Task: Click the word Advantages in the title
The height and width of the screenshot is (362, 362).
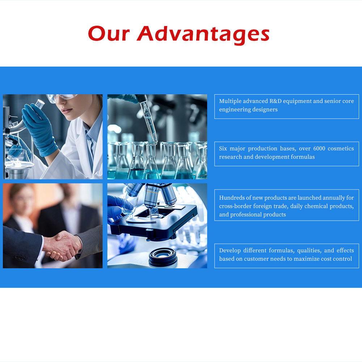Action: coord(203,34)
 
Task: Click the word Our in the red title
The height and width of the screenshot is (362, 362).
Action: coord(109,34)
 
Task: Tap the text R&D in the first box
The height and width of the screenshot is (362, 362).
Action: coord(279,101)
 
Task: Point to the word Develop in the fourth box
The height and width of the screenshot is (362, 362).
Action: coord(230,251)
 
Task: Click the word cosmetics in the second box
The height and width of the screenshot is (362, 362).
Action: coord(342,148)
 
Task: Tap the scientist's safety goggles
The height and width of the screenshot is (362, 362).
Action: coord(62,98)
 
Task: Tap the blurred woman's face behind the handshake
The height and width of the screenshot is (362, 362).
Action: coord(22,197)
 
